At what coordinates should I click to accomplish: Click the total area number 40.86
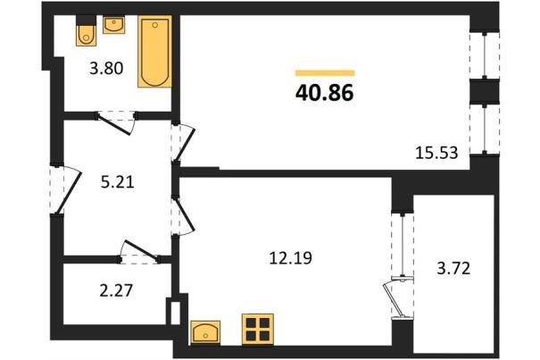pos(324,93)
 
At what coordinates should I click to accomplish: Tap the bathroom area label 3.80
pos(106,68)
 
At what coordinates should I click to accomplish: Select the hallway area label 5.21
pos(118,181)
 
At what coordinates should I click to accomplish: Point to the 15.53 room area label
pos(436,153)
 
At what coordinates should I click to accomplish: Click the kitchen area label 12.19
pos(291,258)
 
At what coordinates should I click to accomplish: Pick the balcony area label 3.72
pos(453,268)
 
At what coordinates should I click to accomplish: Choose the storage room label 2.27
pos(116,290)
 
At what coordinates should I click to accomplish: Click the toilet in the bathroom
pos(86,31)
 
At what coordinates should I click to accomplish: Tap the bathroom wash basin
pos(114,25)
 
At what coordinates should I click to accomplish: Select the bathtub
pos(155,52)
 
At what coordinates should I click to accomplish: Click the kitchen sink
pos(205,332)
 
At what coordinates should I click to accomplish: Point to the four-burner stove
pos(258,329)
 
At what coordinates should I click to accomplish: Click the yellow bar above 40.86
pos(325,72)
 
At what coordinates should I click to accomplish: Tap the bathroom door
pos(115,123)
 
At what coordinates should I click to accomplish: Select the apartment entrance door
pos(67,189)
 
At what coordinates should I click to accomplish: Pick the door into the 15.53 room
pos(183,143)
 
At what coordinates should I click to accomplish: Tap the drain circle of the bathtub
pos(155,25)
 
